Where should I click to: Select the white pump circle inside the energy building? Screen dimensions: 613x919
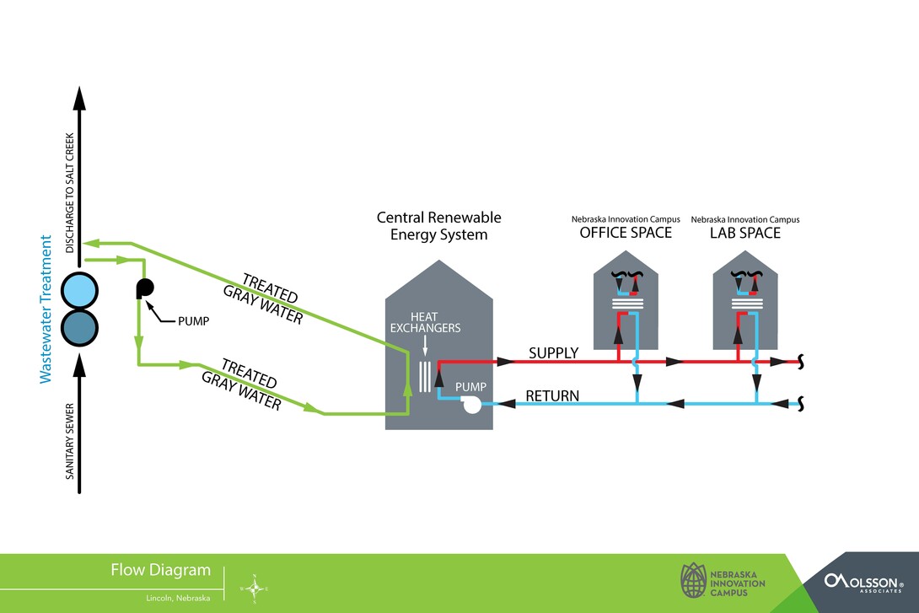470,404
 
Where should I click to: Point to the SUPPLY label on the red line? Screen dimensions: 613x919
553,352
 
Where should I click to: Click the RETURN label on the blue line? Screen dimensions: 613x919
551,395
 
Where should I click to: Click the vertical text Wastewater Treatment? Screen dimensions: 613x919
47,309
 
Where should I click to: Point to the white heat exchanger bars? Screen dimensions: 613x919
426,373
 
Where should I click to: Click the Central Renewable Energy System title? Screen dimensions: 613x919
438,226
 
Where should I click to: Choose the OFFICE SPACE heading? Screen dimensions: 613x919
626,233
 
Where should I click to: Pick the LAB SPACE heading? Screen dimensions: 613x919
745,233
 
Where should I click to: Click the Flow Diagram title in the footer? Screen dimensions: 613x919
160,570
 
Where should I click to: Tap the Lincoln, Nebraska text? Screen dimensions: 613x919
177,598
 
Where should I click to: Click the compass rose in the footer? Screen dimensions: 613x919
254,588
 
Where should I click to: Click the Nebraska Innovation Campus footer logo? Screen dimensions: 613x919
723,581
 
